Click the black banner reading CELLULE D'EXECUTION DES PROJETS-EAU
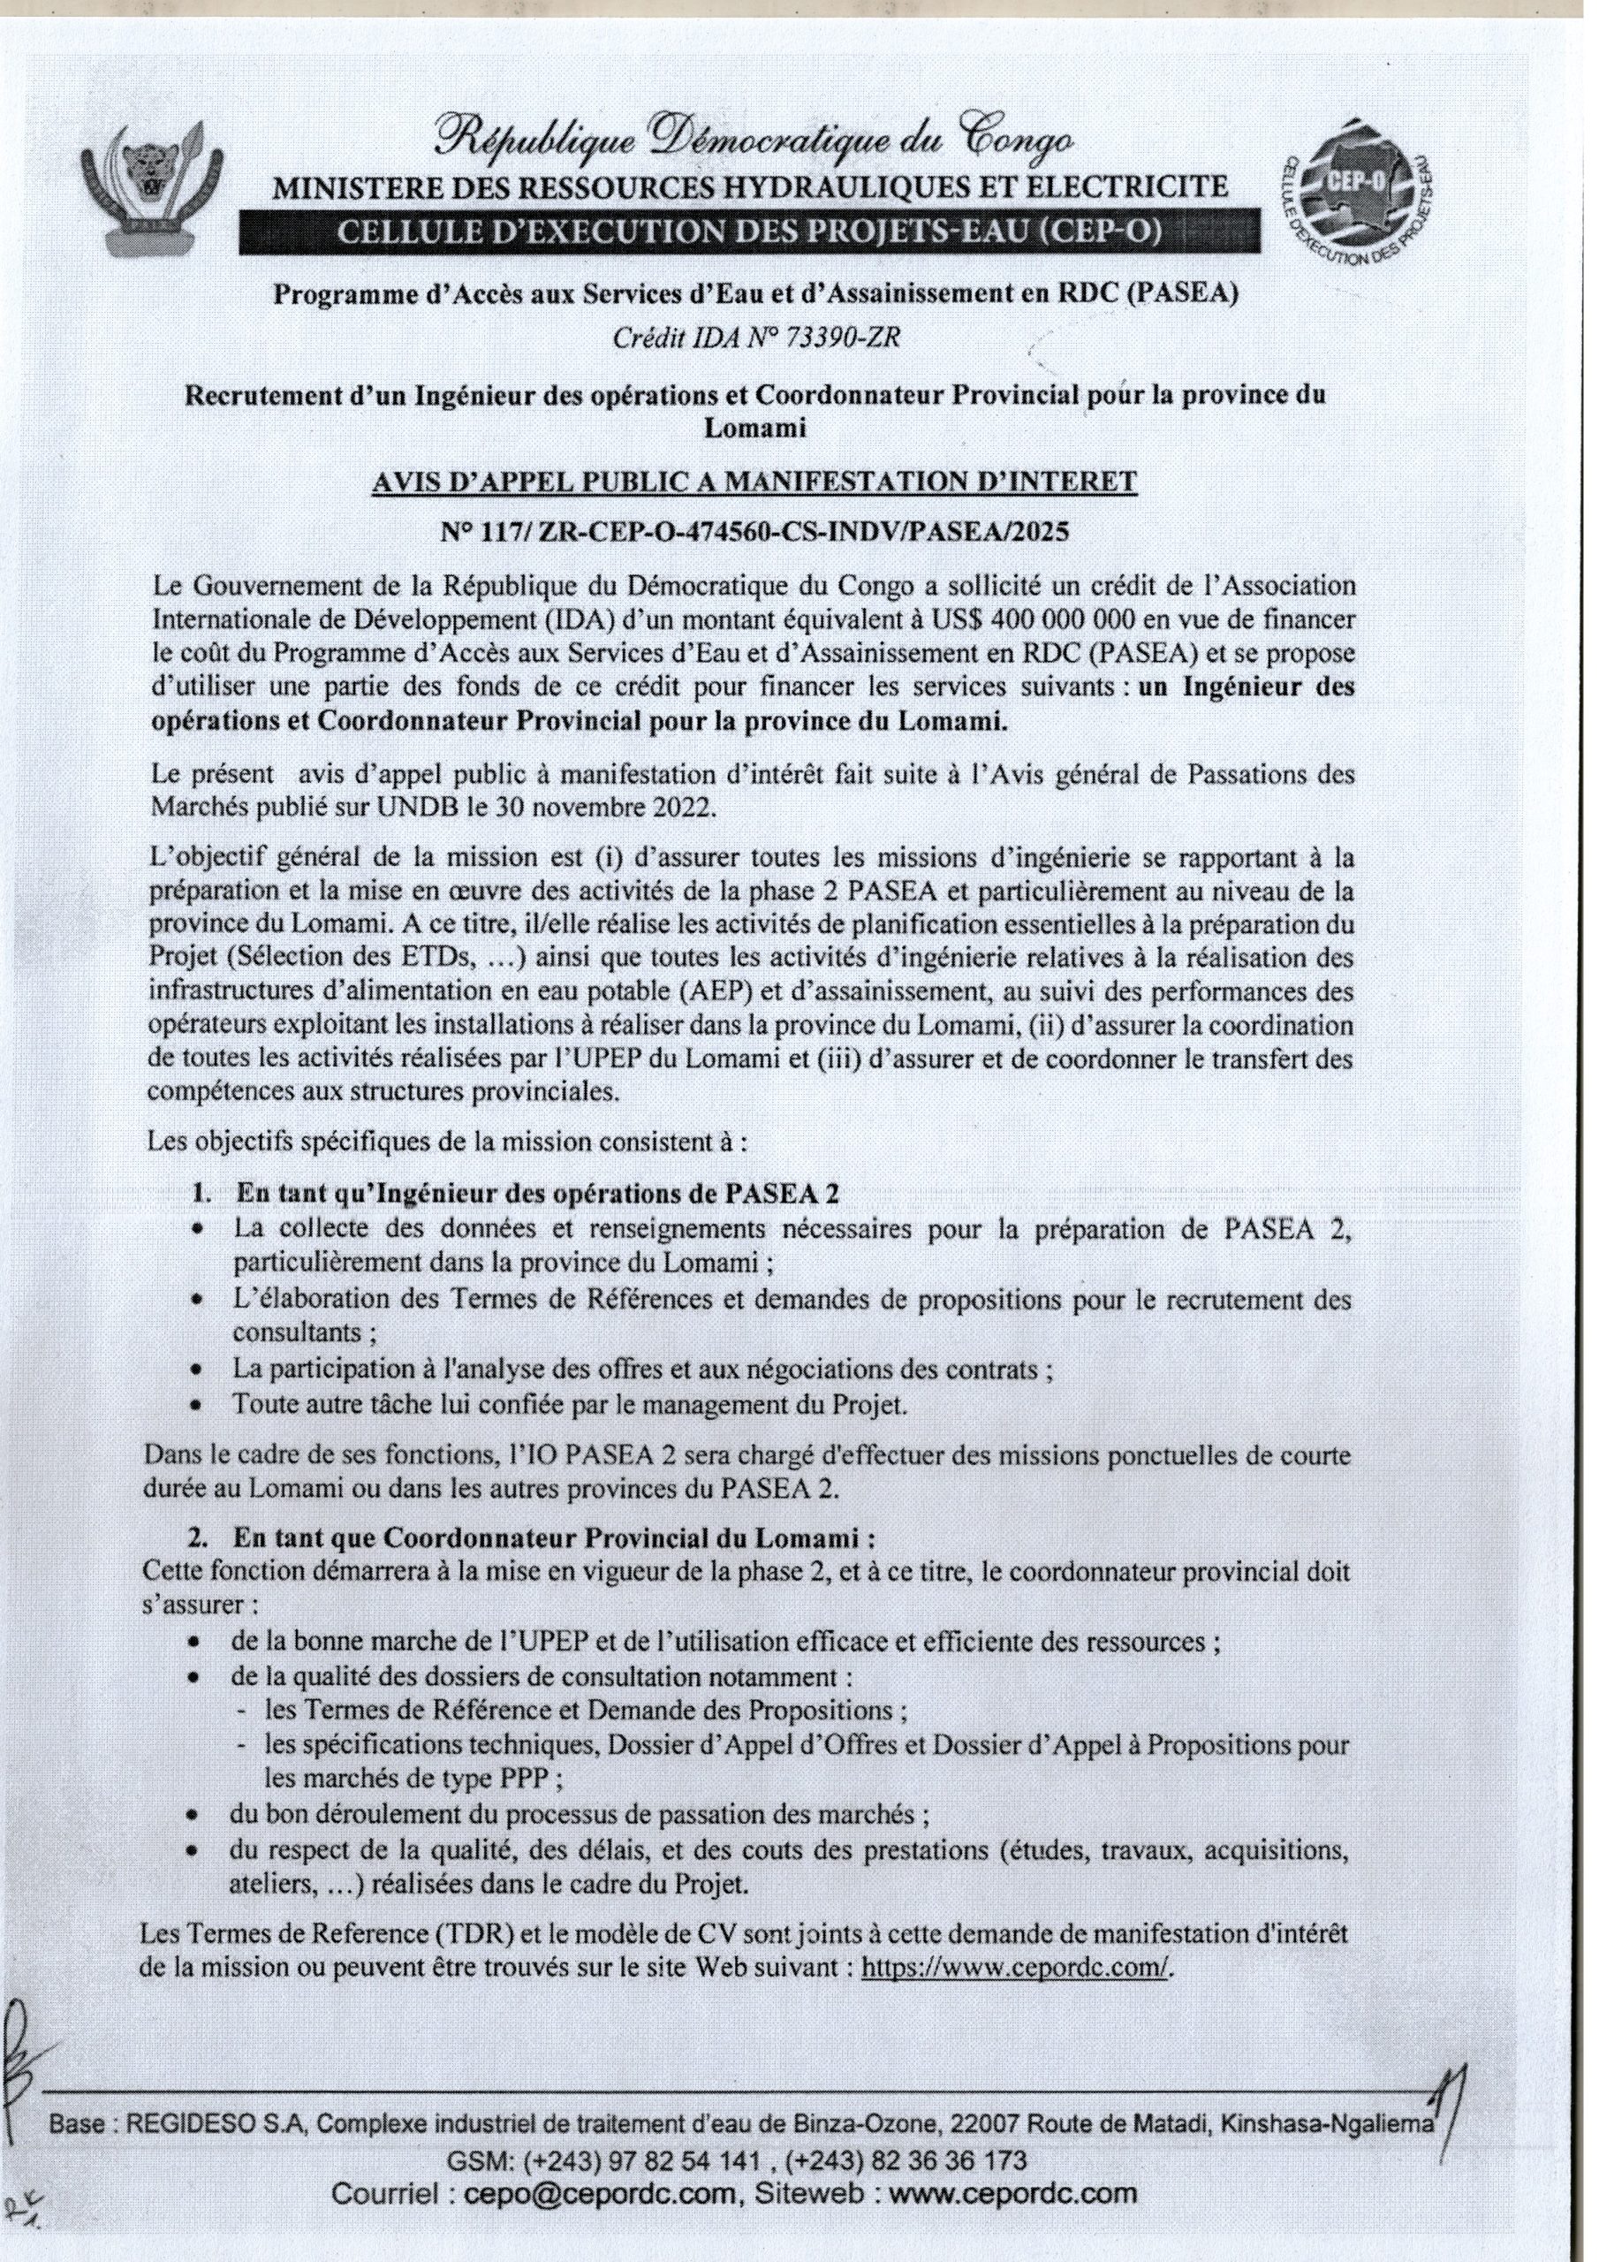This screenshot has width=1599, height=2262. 749,232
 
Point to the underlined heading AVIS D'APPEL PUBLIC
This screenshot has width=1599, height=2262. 754,482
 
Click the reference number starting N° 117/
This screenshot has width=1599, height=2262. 754,532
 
